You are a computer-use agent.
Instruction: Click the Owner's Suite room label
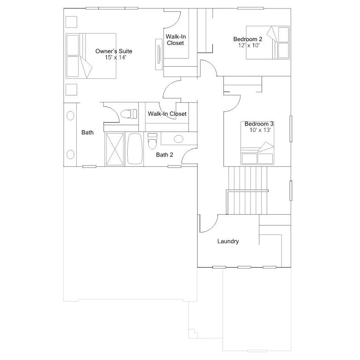point(114,51)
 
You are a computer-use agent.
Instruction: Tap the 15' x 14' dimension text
point(116,57)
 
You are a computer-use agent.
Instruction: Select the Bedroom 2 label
point(245,39)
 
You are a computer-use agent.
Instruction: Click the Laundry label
point(228,241)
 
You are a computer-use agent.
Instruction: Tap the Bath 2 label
point(165,155)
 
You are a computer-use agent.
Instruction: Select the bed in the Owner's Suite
point(91,56)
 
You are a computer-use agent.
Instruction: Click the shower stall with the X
point(114,149)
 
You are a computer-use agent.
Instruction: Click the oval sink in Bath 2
point(179,139)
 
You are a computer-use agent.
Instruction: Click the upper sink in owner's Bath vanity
point(70,116)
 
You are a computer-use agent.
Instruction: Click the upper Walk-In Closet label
point(176,40)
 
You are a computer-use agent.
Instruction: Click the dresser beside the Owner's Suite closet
point(159,54)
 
